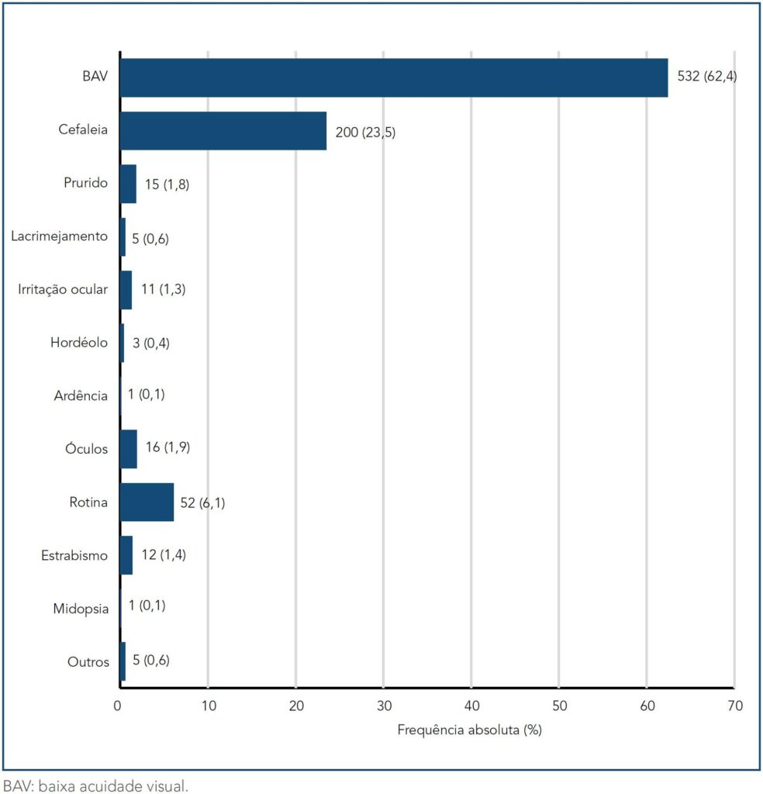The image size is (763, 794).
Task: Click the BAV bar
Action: pyautogui.click(x=394, y=78)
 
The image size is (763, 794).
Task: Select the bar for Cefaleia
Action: pyautogui.click(x=223, y=131)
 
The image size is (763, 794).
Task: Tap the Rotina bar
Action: pyautogui.click(x=147, y=502)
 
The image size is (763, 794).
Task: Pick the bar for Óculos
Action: pyautogui.click(x=129, y=449)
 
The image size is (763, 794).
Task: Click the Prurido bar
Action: pyautogui.click(x=128, y=184)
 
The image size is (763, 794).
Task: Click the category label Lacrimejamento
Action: pyautogui.click(x=60, y=236)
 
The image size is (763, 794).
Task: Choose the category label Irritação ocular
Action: pyautogui.click(x=63, y=289)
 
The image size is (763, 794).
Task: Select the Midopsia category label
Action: pyautogui.click(x=81, y=608)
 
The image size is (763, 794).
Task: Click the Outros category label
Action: pyautogui.click(x=88, y=661)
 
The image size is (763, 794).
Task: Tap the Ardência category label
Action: pyautogui.click(x=81, y=395)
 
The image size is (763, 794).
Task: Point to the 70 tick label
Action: pyautogui.click(x=734, y=706)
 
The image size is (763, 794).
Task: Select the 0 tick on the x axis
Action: pyautogui.click(x=118, y=706)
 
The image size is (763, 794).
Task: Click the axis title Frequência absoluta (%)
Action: pyautogui.click(x=469, y=730)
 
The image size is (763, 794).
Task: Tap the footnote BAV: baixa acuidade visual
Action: pyautogui.click(x=95, y=785)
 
